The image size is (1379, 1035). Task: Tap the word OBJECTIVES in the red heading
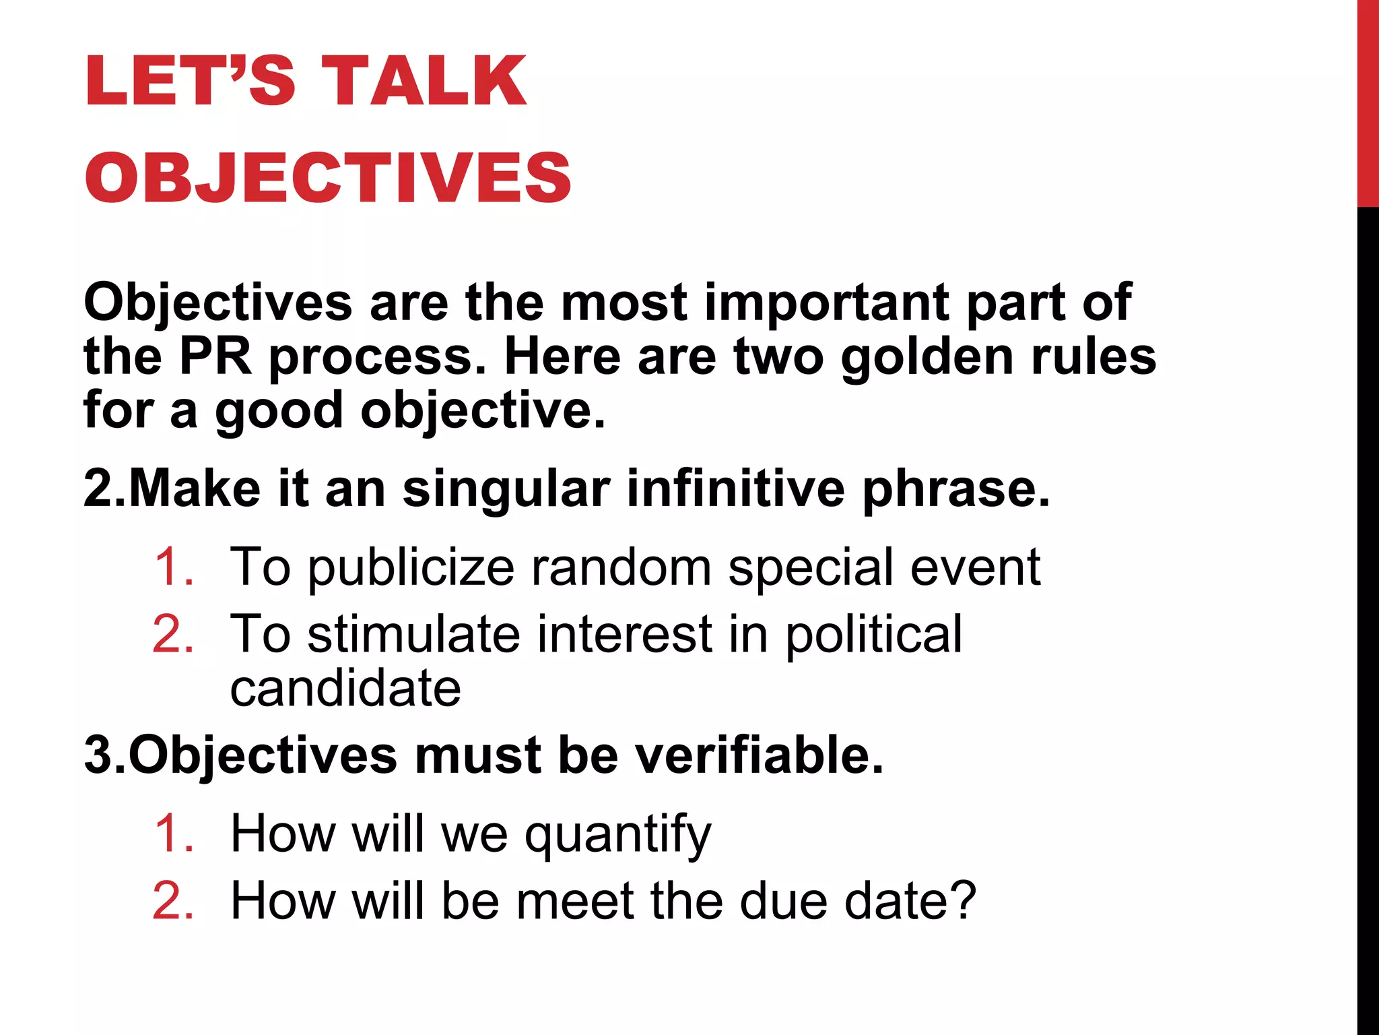coord(328,177)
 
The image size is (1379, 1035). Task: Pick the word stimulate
coord(413,634)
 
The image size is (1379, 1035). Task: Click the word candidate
coord(345,688)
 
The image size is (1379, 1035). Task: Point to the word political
coord(874,635)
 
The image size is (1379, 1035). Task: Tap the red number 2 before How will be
coord(173,900)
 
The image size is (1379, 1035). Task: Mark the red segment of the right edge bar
coord(1368,101)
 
